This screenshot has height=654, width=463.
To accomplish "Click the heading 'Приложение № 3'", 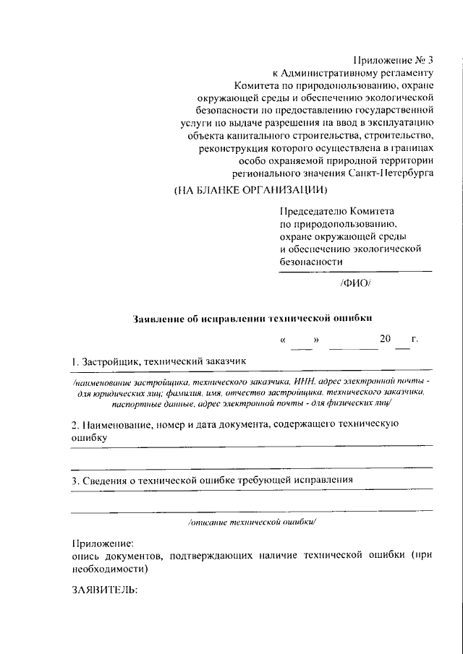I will tap(394, 59).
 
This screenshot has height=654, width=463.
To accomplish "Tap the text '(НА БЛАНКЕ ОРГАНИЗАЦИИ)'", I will tap(251, 191).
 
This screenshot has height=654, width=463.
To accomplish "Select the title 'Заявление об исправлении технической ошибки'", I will tap(255, 317).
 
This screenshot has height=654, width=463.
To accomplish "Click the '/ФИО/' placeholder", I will tap(354, 283).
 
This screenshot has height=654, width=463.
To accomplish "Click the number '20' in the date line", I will tap(385, 339).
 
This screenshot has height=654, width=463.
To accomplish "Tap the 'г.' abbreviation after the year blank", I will tap(415, 339).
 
